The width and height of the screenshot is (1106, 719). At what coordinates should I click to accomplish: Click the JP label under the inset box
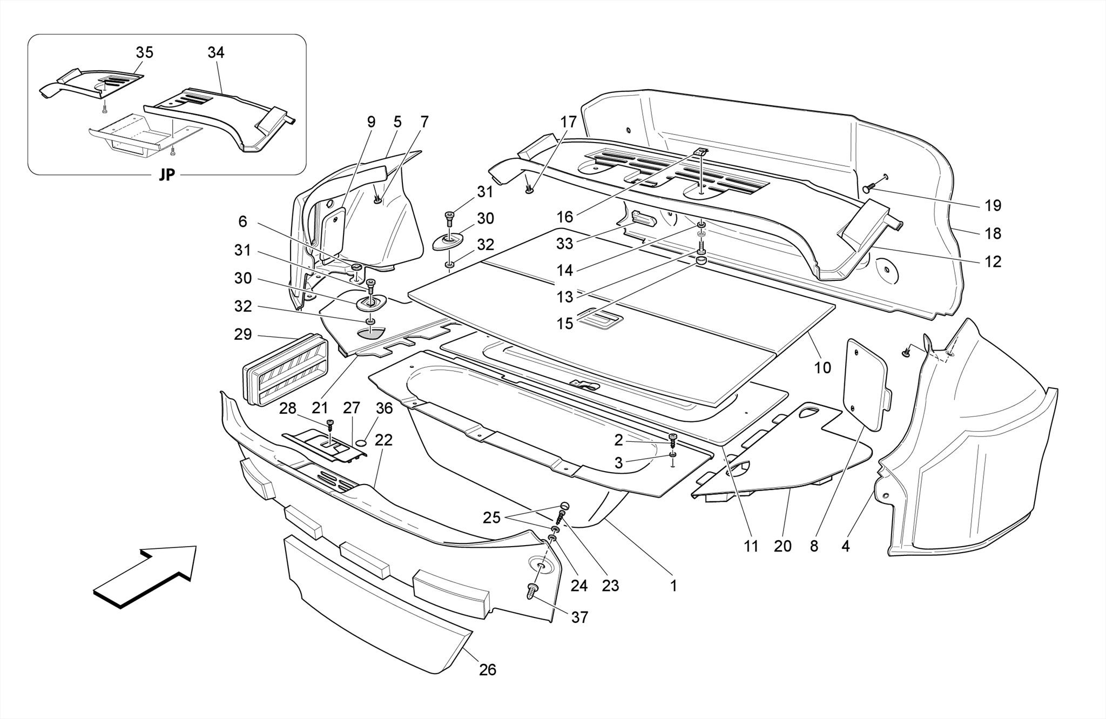[x=166, y=175]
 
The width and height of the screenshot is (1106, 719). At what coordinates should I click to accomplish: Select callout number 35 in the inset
[x=144, y=52]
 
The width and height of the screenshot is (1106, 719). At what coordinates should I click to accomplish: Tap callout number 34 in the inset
[x=215, y=52]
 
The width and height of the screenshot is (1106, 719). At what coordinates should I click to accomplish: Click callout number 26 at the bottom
[x=487, y=670]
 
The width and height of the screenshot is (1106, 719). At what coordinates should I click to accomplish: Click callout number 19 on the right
[x=993, y=205]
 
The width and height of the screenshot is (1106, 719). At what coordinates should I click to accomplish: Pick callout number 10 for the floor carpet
[x=822, y=368]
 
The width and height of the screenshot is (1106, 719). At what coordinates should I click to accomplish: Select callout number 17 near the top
[x=568, y=122]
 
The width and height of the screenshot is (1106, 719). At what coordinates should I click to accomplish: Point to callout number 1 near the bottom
[x=673, y=586]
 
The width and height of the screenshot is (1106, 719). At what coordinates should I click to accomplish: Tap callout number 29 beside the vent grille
[x=243, y=334]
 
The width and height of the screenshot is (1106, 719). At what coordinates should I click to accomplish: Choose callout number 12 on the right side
[x=993, y=261]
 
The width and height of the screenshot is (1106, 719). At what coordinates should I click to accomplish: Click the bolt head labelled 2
[x=673, y=438]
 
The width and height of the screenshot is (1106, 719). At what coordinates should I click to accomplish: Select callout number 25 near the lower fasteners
[x=491, y=518]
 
